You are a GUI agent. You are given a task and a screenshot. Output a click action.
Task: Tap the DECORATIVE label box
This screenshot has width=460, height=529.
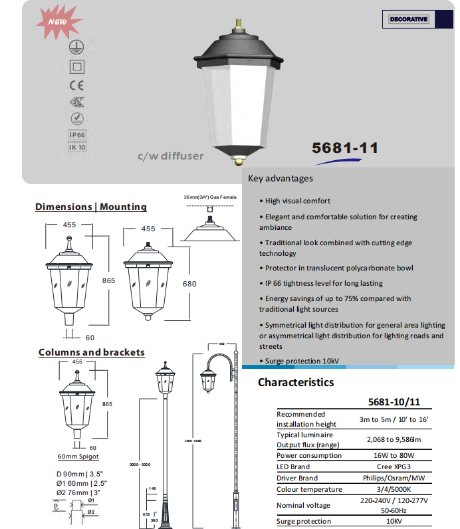click(x=409, y=19)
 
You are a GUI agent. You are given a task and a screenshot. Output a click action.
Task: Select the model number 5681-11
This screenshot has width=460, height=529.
click(x=345, y=148)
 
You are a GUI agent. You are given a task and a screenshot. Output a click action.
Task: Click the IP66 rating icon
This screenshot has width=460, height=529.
click(x=77, y=134)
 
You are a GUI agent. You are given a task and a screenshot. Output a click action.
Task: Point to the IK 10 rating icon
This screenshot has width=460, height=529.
click(x=77, y=148)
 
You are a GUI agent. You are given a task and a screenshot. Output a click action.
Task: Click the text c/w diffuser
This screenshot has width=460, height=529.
click(x=170, y=157)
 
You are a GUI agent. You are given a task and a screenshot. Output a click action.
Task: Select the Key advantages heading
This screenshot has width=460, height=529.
click(x=281, y=178)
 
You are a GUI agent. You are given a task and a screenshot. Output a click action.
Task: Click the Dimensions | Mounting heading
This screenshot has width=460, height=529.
click(x=91, y=207)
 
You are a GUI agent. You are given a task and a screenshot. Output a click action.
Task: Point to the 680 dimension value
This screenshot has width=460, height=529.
click(x=189, y=284)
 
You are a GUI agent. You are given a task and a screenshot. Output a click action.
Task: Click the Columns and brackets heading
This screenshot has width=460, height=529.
click(x=91, y=352)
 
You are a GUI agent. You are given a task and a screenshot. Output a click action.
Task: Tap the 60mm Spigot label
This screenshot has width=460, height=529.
click(x=78, y=457)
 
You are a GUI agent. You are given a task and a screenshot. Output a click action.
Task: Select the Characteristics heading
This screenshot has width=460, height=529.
click(x=296, y=382)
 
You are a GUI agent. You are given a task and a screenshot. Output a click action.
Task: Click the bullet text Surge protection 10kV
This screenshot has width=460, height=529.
click(x=302, y=361)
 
